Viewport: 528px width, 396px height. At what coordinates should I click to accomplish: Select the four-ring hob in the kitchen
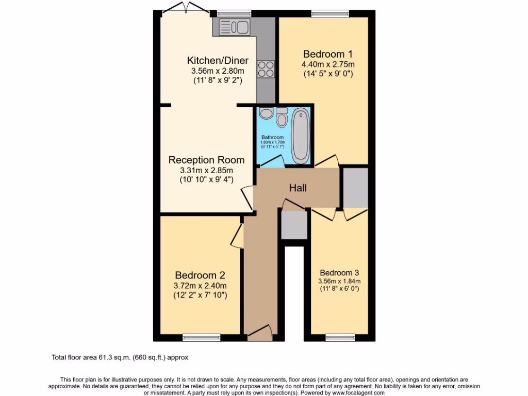(x=266, y=69)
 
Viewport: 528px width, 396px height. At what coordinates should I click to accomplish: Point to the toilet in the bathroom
(x=282, y=119)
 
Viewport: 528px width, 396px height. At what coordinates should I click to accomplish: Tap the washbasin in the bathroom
(x=266, y=113)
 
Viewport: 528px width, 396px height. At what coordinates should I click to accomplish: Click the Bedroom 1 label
(x=328, y=54)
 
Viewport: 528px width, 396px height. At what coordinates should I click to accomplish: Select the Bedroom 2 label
(x=200, y=275)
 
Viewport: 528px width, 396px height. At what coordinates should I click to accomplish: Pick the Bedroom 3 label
(x=339, y=273)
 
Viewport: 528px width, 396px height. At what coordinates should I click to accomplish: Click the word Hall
(x=298, y=188)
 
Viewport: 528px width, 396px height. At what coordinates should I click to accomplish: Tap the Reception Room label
(x=207, y=160)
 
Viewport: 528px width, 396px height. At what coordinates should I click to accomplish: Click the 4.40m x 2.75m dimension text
(x=328, y=64)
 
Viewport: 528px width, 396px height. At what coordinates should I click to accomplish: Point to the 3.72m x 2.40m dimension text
(x=200, y=286)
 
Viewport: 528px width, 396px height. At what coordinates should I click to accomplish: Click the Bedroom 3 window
(x=339, y=338)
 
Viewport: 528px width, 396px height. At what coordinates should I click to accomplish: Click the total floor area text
(x=123, y=357)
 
